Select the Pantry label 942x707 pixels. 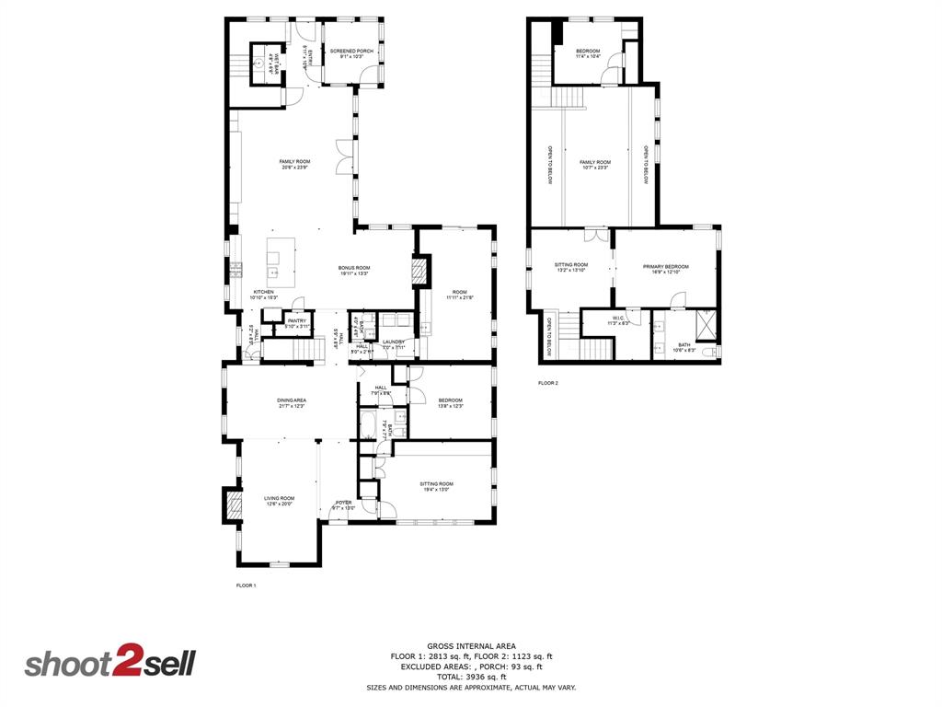click(x=296, y=322)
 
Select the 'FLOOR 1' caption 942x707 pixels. click(x=246, y=585)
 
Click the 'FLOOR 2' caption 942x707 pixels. click(x=548, y=383)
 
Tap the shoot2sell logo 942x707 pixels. click(x=109, y=664)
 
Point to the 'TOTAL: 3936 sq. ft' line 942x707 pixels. click(x=472, y=677)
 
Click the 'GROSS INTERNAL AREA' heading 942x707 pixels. click(x=471, y=645)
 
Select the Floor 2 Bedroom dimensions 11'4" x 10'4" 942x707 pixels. click(x=588, y=57)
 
